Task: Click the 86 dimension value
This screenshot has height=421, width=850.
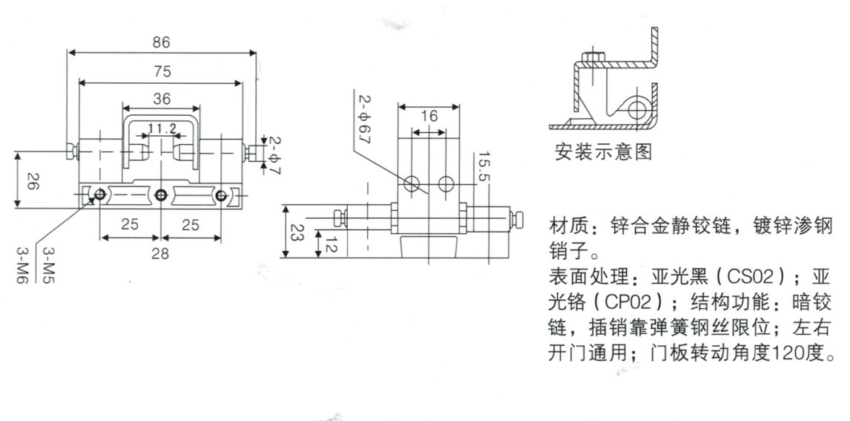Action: point(161,43)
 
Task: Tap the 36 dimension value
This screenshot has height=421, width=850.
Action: point(161,99)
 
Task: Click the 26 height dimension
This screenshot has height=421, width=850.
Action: point(32,183)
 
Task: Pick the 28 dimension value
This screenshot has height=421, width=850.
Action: point(160,254)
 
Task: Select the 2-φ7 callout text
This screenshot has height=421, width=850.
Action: point(274,152)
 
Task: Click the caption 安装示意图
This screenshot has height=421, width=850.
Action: point(603,154)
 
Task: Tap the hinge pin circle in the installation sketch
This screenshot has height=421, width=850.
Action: point(636,111)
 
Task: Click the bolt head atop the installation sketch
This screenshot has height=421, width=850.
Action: point(591,57)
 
